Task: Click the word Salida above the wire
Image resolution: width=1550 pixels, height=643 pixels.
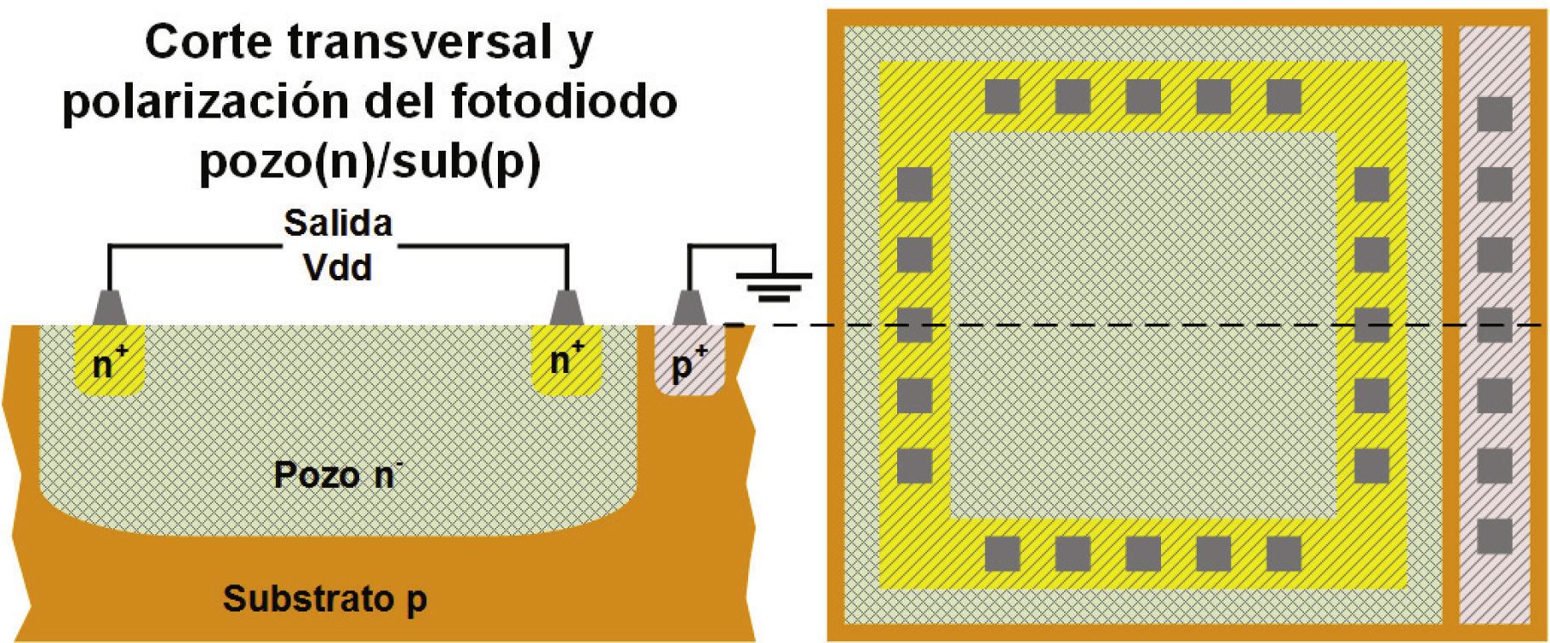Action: pos(338,223)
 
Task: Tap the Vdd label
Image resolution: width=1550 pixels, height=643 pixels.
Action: pos(338,268)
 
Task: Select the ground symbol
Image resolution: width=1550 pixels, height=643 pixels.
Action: pos(773,284)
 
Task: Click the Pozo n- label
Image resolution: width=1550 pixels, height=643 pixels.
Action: pos(337,474)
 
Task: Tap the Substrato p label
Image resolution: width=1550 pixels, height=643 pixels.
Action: pos(324,599)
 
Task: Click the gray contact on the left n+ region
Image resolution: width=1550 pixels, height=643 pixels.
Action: pos(109,307)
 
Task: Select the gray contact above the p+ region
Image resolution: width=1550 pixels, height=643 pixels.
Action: pos(689,307)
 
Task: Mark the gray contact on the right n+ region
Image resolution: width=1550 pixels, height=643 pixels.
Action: pos(566,307)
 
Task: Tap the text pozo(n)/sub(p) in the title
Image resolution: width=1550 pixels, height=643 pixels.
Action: pos(369,161)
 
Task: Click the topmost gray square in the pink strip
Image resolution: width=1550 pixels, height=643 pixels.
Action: pos(1494,114)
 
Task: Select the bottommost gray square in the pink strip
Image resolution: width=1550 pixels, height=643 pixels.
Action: pos(1494,537)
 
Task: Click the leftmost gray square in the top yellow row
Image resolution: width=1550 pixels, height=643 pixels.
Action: pos(1003,97)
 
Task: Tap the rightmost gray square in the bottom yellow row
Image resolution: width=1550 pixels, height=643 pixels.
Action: pos(1284,554)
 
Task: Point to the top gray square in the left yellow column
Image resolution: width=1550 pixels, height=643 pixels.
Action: pos(915,184)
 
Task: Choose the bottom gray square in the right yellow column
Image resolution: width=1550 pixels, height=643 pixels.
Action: pos(1371,466)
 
